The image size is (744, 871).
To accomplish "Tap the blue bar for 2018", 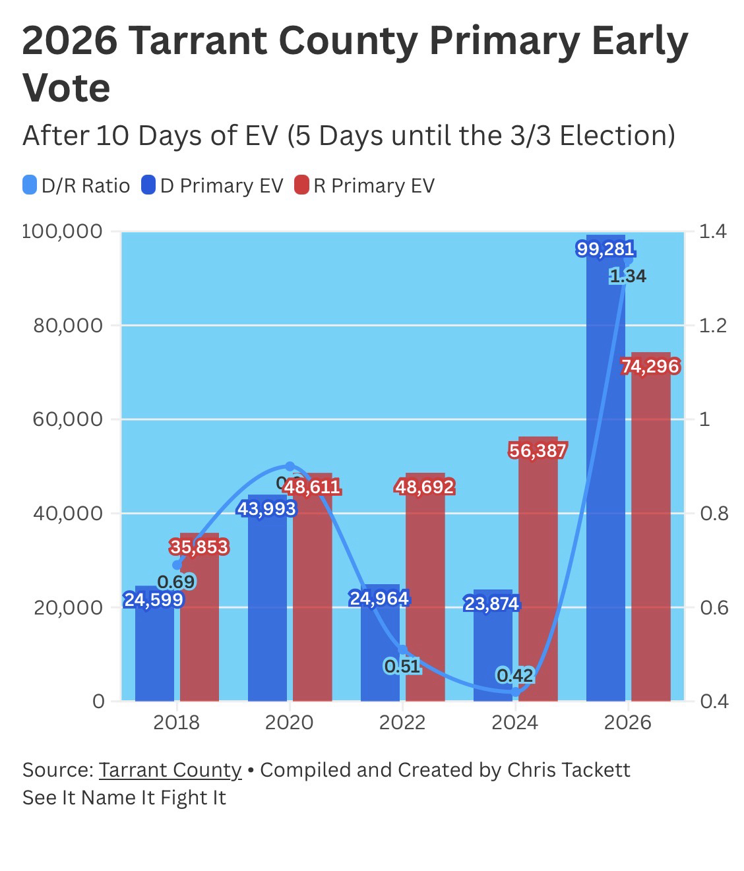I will click(x=154, y=653).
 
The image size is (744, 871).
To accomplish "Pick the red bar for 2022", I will click(x=425, y=593).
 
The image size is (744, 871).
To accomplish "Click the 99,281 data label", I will click(x=605, y=249).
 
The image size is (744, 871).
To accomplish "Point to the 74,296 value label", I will click(x=650, y=367).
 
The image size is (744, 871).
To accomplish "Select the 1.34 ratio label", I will click(x=628, y=276).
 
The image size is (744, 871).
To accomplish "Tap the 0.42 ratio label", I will click(x=514, y=676).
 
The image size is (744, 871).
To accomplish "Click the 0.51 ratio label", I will click(x=402, y=666).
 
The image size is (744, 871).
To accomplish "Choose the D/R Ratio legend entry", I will click(x=77, y=186).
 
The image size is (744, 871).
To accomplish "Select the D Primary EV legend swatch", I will click(x=148, y=186).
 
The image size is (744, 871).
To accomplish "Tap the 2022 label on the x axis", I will click(x=402, y=722).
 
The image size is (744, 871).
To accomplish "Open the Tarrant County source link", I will click(x=170, y=770).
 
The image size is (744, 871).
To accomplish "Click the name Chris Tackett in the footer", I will click(x=569, y=770).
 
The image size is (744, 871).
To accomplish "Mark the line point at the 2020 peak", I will click(x=290, y=466).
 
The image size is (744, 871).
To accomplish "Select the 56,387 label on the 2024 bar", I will click(x=538, y=451).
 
